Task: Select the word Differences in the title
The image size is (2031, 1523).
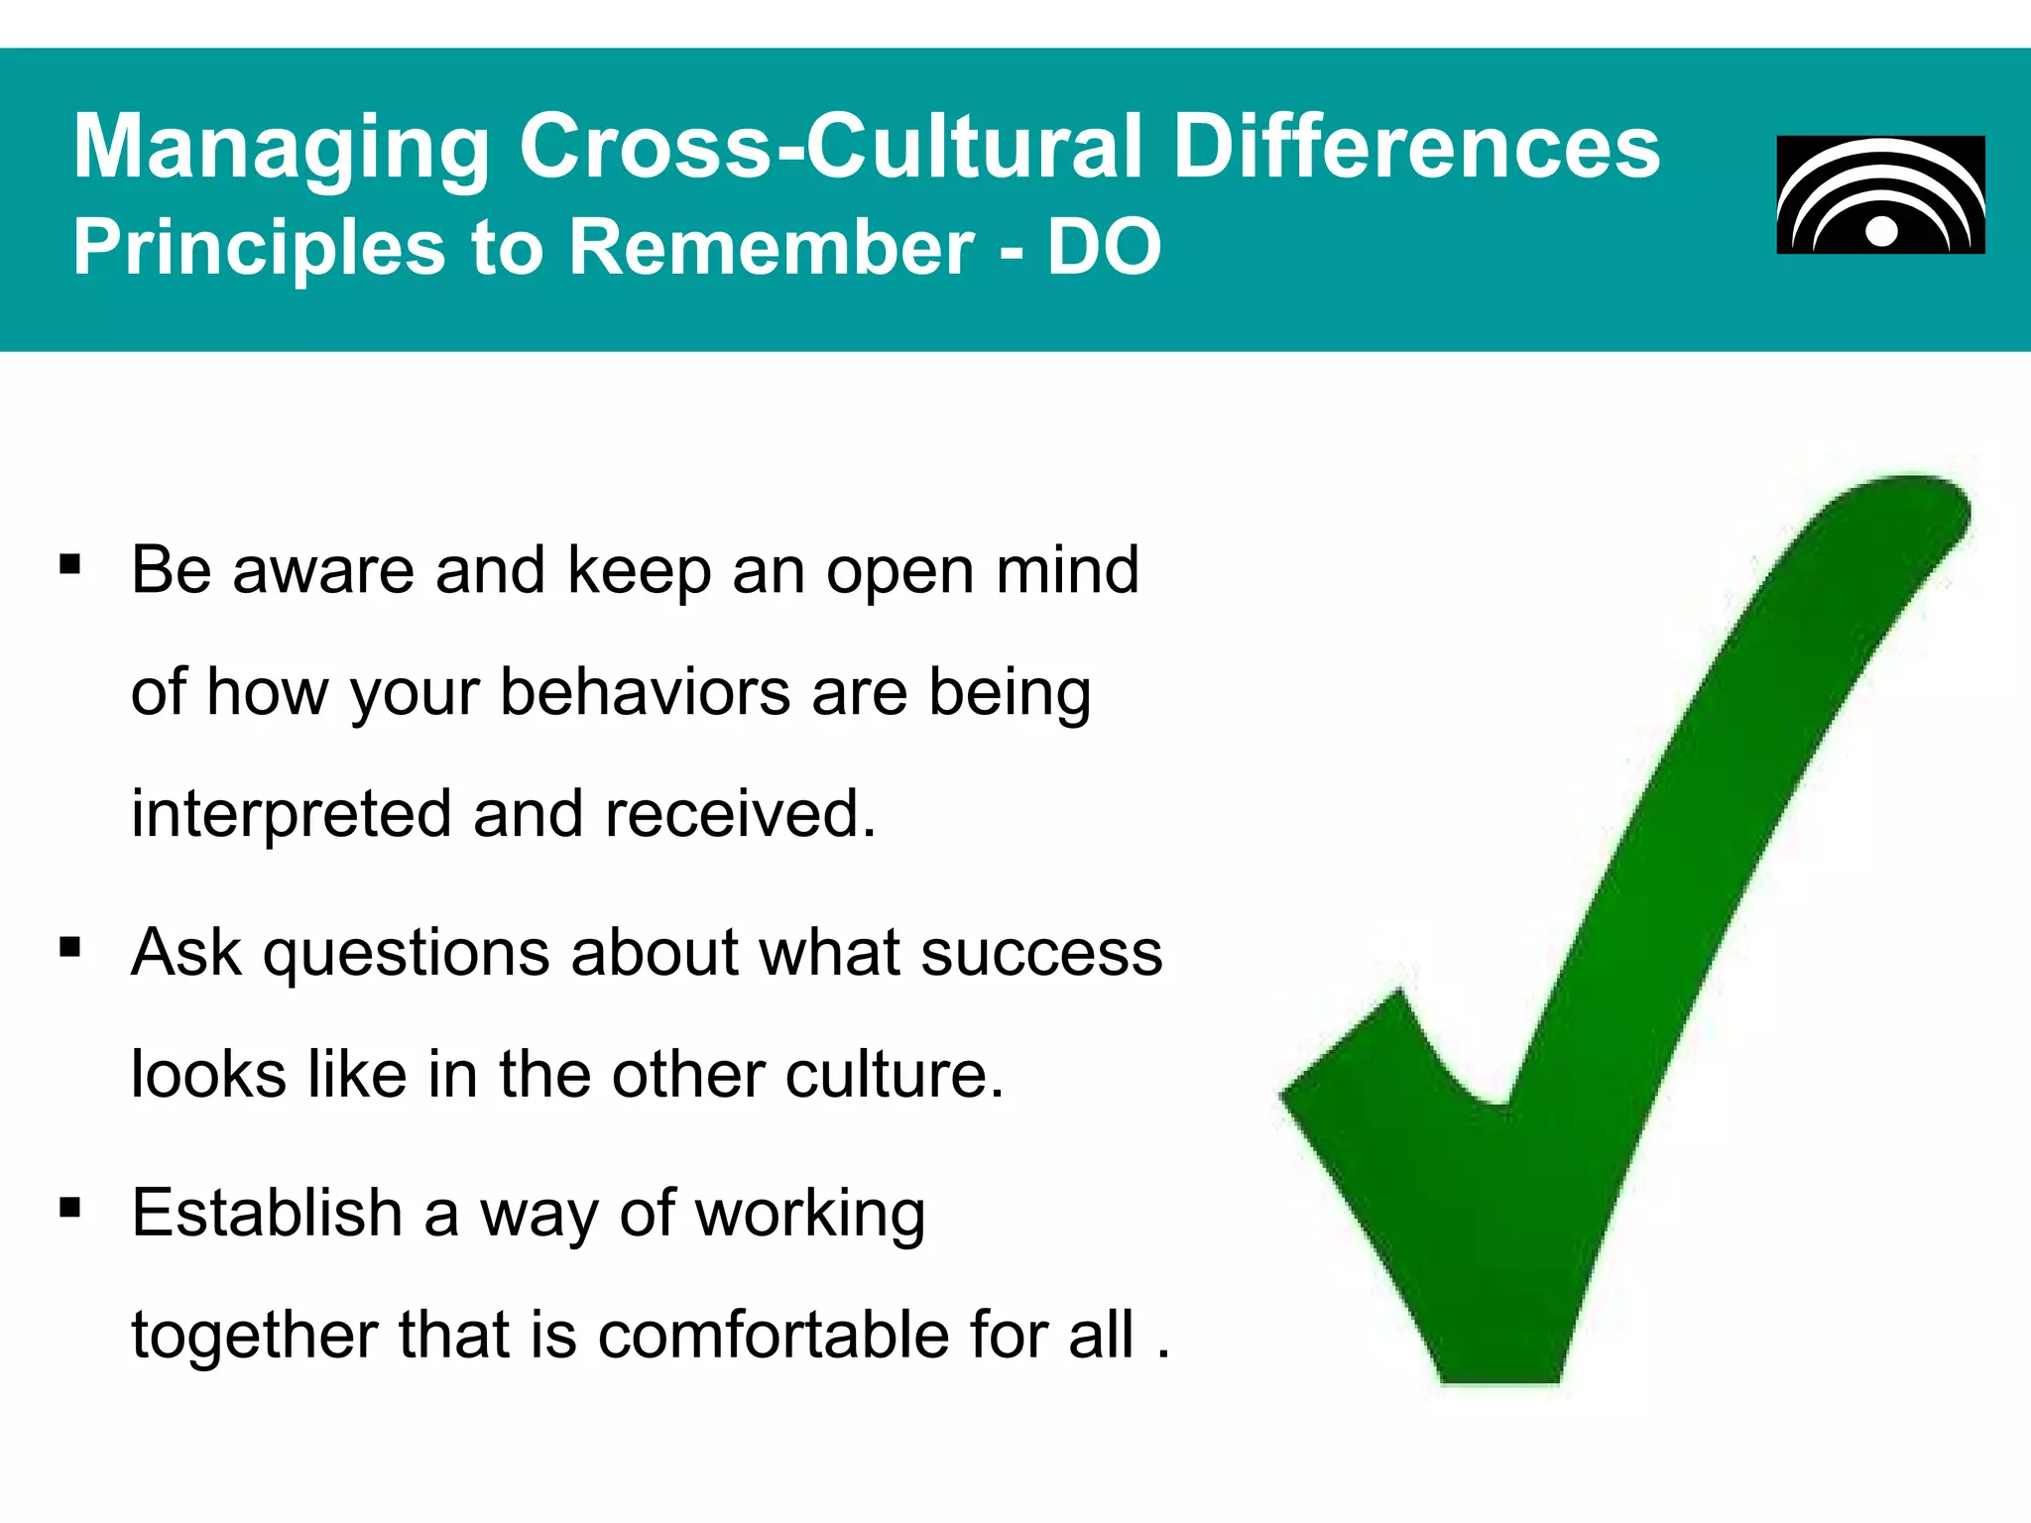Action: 1416,146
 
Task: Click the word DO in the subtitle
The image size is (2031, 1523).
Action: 1104,247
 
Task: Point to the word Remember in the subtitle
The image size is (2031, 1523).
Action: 772,247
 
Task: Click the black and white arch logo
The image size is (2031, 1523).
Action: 1880,195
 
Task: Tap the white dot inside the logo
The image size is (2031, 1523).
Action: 1880,231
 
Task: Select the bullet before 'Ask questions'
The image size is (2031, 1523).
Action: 69,947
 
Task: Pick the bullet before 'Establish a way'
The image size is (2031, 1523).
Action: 69,1208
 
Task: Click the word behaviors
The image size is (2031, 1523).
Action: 645,691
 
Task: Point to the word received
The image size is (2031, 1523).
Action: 740,813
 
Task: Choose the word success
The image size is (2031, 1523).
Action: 1041,953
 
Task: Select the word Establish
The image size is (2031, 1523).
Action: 266,1212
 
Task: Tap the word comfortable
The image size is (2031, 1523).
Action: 773,1335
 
